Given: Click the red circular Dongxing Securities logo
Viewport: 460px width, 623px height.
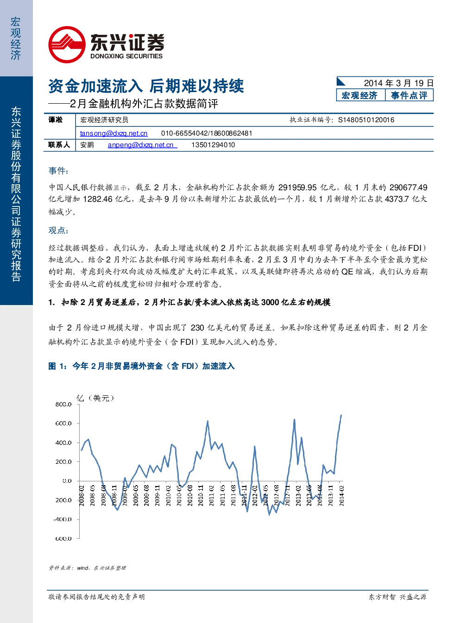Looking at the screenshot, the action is click(x=67, y=44).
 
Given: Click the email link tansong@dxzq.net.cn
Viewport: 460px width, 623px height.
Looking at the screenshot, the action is click(x=113, y=133).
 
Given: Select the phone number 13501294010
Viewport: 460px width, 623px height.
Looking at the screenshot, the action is click(x=213, y=145).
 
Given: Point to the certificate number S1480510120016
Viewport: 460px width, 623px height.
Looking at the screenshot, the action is click(x=366, y=120).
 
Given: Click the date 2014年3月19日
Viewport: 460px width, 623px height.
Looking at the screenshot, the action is click(x=399, y=83).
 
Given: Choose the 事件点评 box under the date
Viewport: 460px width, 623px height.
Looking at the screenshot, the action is click(x=409, y=95).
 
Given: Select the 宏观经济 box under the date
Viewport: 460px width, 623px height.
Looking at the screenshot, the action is click(x=360, y=95).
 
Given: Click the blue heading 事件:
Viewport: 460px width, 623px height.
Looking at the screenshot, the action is click(x=58, y=170).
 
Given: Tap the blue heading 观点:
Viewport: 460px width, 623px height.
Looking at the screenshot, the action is click(x=58, y=231).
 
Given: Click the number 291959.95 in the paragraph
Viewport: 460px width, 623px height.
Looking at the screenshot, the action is click(x=297, y=187).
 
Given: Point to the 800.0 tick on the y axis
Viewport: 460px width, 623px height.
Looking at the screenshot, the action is click(x=63, y=404).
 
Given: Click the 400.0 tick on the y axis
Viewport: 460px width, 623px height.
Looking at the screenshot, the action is click(x=63, y=442).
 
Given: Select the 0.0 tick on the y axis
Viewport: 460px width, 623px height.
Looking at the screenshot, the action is click(x=67, y=481).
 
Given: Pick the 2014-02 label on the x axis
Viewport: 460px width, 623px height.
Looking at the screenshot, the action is click(x=341, y=495).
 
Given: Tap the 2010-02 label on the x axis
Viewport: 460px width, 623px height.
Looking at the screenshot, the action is click(x=168, y=495).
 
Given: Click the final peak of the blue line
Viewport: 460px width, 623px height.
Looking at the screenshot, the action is click(x=341, y=415).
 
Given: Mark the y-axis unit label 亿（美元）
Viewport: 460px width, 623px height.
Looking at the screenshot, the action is click(x=95, y=398).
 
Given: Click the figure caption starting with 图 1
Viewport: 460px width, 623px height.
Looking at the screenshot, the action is click(x=141, y=366).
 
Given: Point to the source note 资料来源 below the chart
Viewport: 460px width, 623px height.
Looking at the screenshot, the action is click(x=87, y=568).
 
